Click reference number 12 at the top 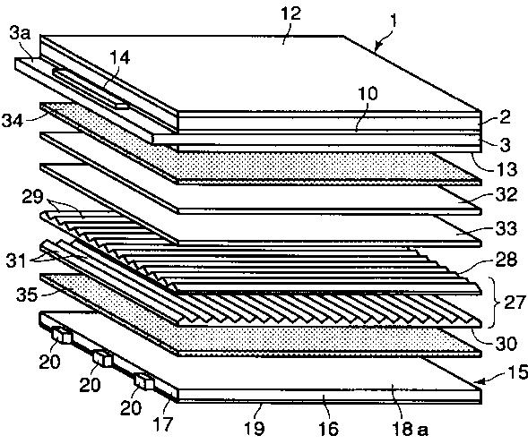290,14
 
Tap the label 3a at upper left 20,34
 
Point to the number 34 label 13,121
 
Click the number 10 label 368,93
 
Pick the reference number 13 507,169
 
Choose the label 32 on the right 506,195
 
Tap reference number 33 506,228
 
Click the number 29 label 32,197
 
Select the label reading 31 16,260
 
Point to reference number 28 506,260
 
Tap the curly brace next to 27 492,303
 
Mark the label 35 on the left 27,295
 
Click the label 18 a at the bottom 410,429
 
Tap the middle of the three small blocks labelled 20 102,359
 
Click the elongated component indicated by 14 91,89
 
